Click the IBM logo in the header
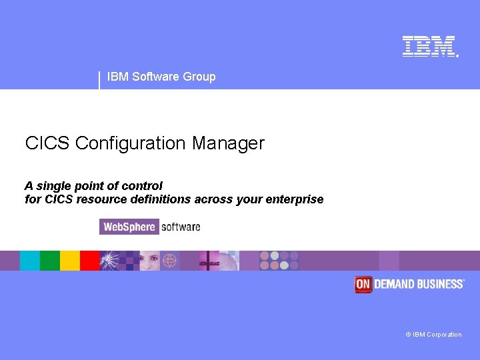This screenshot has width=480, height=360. pyautogui.click(x=429, y=46)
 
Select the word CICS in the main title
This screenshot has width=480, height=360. pyautogui.click(x=47, y=143)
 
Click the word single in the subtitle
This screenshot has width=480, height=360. pyautogui.click(x=54, y=186)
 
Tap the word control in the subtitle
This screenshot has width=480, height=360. pyautogui.click(x=141, y=186)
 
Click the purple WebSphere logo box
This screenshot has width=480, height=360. pyautogui.click(x=129, y=227)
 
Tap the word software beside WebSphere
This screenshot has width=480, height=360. pyautogui.click(x=181, y=227)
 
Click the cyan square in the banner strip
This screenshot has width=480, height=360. pyautogui.click(x=30, y=261)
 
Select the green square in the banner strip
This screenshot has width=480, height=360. pyautogui.click(x=50, y=261)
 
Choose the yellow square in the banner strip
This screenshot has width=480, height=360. pyautogui.click(x=70, y=261)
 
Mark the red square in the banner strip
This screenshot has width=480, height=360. pyautogui.click(x=90, y=261)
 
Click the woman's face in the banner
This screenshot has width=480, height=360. pyautogui.click(x=149, y=260)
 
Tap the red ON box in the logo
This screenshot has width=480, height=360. pyautogui.click(x=363, y=284)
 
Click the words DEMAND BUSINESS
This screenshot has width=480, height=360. pyautogui.click(x=419, y=284)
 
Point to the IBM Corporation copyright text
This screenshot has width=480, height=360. pyautogui.click(x=433, y=335)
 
